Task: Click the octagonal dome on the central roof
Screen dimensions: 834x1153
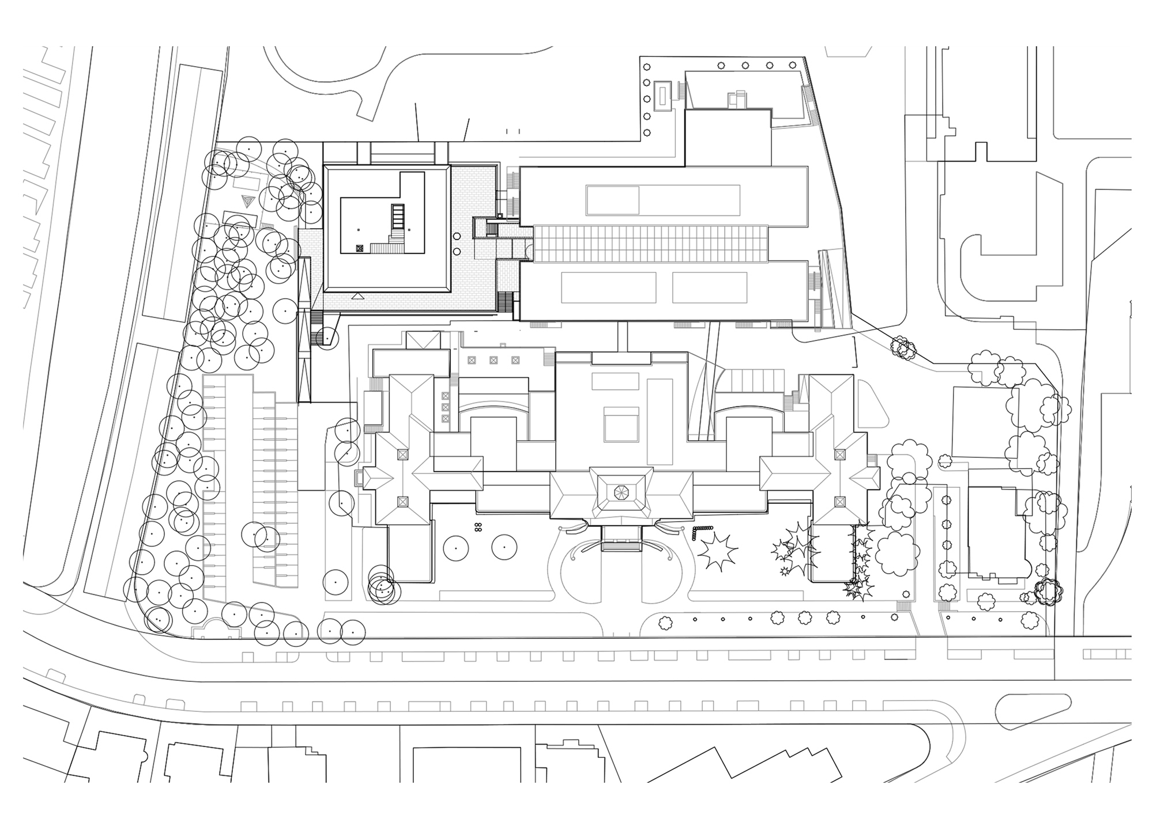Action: click(x=621, y=492)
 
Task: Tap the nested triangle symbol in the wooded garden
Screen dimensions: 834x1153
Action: click(x=247, y=201)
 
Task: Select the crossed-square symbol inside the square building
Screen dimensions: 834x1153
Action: click(x=360, y=248)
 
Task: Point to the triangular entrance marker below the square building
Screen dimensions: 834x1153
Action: click(x=359, y=296)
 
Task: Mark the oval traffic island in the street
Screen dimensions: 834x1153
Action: click(x=1033, y=712)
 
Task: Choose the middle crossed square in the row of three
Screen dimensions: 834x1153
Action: click(x=493, y=360)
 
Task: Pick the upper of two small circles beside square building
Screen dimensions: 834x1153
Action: click(x=457, y=236)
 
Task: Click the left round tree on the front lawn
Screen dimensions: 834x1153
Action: click(x=455, y=548)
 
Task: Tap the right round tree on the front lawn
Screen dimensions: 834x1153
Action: click(x=504, y=547)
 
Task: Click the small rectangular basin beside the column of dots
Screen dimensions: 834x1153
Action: click(x=662, y=96)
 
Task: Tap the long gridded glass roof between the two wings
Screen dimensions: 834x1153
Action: click(x=650, y=244)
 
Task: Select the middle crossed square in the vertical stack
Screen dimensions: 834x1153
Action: click(x=445, y=406)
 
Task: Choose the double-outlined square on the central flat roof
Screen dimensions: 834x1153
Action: click(x=621, y=424)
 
